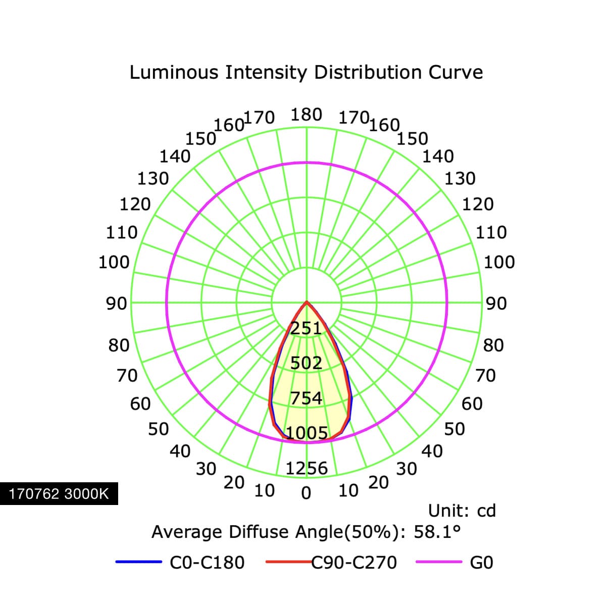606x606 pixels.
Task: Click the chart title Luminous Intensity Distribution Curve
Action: pyautogui.click(x=306, y=73)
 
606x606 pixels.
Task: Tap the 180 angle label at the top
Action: pyautogui.click(x=306, y=115)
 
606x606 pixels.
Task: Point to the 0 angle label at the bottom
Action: pyautogui.click(x=306, y=493)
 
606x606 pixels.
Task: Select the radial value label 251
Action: pyautogui.click(x=306, y=328)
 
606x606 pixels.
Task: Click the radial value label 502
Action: pyautogui.click(x=306, y=363)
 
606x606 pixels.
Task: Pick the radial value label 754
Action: pyautogui.click(x=306, y=398)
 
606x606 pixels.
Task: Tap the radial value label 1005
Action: pyautogui.click(x=307, y=433)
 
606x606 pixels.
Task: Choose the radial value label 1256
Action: pyautogui.click(x=307, y=468)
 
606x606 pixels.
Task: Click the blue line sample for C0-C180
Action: pyautogui.click(x=139, y=562)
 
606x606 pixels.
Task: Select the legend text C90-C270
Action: pyautogui.click(x=354, y=562)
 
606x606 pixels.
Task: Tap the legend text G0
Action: pyautogui.click(x=481, y=562)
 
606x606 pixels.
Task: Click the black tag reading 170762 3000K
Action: pyautogui.click(x=59, y=494)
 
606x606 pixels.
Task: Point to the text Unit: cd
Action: pyautogui.click(x=462, y=511)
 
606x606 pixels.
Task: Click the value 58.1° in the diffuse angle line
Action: pyautogui.click(x=437, y=532)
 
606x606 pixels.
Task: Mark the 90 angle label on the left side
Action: pyautogui.click(x=116, y=304)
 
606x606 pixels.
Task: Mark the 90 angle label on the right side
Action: pyautogui.click(x=496, y=304)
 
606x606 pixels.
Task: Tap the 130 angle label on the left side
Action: pyautogui.click(x=153, y=179)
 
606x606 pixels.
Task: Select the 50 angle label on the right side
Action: pyautogui.click(x=454, y=429)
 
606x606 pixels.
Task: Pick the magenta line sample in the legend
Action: pyautogui.click(x=439, y=562)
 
